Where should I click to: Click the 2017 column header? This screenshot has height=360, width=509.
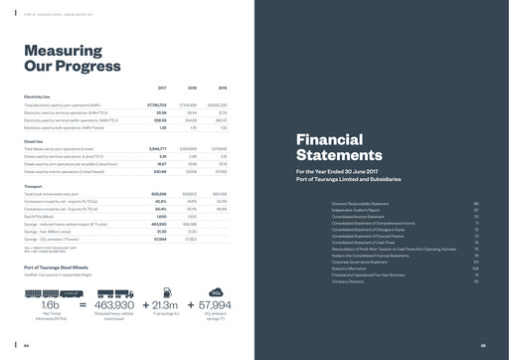point(161,88)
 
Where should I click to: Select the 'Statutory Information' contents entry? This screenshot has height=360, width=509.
point(352,268)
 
